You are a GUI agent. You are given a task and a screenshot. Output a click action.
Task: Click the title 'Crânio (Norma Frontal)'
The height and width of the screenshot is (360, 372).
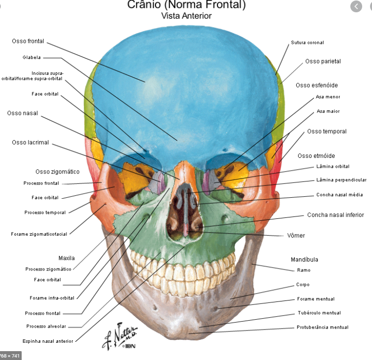(x=186, y=5)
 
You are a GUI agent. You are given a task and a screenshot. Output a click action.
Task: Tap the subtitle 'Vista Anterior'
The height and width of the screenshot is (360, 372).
(x=186, y=16)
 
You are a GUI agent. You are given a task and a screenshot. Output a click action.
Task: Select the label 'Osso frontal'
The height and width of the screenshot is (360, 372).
(x=28, y=41)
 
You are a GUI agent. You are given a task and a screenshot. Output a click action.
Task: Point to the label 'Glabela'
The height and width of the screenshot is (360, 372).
(x=31, y=58)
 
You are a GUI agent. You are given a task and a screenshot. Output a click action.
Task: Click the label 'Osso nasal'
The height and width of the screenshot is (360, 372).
(x=22, y=114)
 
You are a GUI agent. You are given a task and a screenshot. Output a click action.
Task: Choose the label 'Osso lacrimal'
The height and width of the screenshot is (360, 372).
(x=31, y=143)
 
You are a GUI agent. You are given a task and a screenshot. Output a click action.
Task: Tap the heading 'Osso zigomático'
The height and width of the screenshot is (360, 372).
(x=57, y=172)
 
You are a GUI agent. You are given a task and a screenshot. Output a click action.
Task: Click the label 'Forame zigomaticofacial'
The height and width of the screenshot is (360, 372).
(x=39, y=234)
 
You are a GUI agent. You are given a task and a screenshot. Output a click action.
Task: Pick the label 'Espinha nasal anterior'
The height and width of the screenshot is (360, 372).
(x=48, y=341)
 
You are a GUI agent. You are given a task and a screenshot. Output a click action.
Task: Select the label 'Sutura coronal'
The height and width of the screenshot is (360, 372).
(x=308, y=43)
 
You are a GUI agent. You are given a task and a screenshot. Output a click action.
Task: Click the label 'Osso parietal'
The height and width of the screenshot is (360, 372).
(x=323, y=61)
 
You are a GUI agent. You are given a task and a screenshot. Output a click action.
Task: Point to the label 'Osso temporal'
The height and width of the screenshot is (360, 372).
(x=327, y=132)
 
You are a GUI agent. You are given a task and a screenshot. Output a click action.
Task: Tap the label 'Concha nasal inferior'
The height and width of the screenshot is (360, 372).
(x=336, y=215)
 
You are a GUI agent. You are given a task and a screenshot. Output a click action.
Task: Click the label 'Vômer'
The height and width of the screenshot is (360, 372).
(x=296, y=236)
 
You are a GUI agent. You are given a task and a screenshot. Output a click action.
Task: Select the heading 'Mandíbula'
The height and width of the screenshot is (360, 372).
(x=304, y=260)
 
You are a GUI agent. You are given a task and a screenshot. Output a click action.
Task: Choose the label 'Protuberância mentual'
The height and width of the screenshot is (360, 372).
(x=322, y=328)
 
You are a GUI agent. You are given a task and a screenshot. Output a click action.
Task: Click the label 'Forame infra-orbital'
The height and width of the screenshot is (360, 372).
(x=52, y=298)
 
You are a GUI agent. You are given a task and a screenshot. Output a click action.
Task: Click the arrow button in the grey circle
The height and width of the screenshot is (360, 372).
(x=356, y=6)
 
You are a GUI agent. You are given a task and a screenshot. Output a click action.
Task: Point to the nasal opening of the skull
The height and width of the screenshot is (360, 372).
(x=185, y=211)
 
